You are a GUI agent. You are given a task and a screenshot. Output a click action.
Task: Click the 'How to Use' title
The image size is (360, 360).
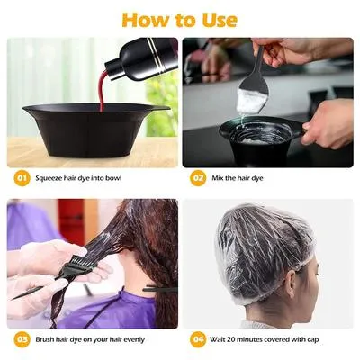pos(179,19)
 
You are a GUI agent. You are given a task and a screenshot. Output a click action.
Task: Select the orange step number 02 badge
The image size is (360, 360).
pos(198,177)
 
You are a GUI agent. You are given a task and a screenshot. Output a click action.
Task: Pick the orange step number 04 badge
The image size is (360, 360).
pos(198,339)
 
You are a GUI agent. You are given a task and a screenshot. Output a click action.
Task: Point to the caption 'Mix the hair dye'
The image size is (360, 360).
pos(238,177)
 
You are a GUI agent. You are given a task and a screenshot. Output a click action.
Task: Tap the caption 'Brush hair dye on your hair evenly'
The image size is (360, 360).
pos(93,339)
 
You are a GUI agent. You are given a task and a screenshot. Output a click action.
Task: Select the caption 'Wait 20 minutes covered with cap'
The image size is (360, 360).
pos(269,339)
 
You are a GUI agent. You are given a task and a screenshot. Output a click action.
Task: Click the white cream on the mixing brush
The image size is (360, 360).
pos(252,96)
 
